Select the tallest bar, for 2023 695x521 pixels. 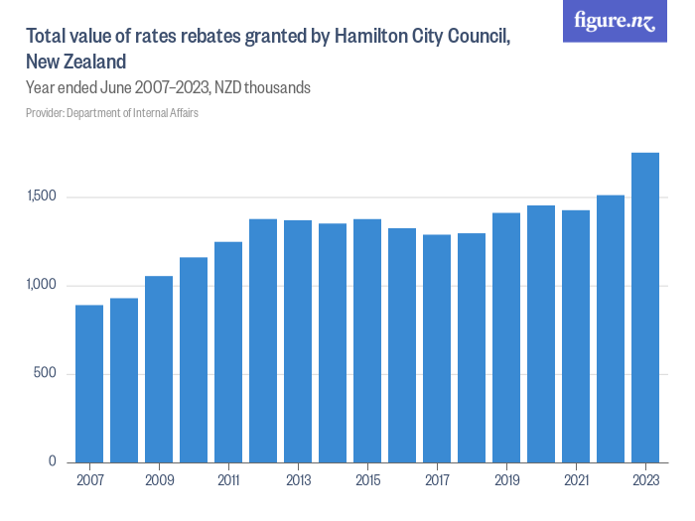pyautogui.click(x=645, y=308)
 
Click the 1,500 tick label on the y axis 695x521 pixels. pyautogui.click(x=43, y=197)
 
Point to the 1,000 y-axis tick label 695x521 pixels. pyautogui.click(x=43, y=286)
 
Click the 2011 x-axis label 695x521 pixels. pyautogui.click(x=228, y=481)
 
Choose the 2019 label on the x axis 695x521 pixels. pyautogui.click(x=506, y=481)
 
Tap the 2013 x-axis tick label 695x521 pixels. pyautogui.click(x=298, y=481)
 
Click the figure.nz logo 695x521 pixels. pyautogui.click(x=615, y=21)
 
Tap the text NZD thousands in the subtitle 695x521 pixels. pyautogui.click(x=265, y=88)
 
